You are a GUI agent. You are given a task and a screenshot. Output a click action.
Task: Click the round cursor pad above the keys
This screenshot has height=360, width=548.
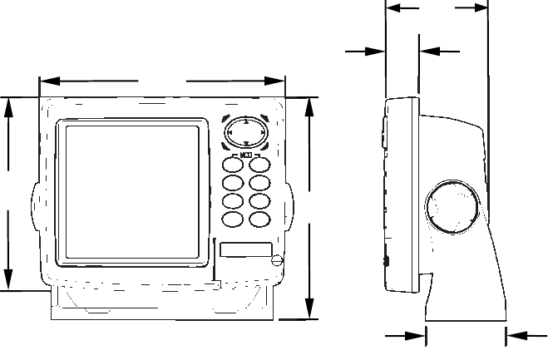coord(245,131)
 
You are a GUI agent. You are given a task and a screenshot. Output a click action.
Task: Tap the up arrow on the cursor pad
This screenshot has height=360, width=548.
coord(245,121)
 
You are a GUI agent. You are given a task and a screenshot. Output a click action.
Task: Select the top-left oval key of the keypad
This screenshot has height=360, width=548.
coord(233,165)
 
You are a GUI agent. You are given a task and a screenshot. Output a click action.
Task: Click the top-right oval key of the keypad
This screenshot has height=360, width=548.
coord(260,165)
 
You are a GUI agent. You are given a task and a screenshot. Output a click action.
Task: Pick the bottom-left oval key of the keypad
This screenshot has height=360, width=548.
coord(233,219)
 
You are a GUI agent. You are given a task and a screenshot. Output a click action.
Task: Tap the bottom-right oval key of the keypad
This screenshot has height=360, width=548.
coord(260,219)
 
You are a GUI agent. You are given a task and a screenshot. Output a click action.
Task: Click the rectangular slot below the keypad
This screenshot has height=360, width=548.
coord(245,249)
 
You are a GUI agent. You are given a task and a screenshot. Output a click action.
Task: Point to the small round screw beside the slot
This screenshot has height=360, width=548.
coord(276,261)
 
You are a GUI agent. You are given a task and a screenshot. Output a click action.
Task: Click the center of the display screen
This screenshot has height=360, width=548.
coord(131,191)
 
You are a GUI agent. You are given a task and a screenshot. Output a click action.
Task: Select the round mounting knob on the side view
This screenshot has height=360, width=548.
coord(453,207)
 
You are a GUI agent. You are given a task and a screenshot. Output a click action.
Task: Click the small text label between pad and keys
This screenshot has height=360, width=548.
coord(246,154)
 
